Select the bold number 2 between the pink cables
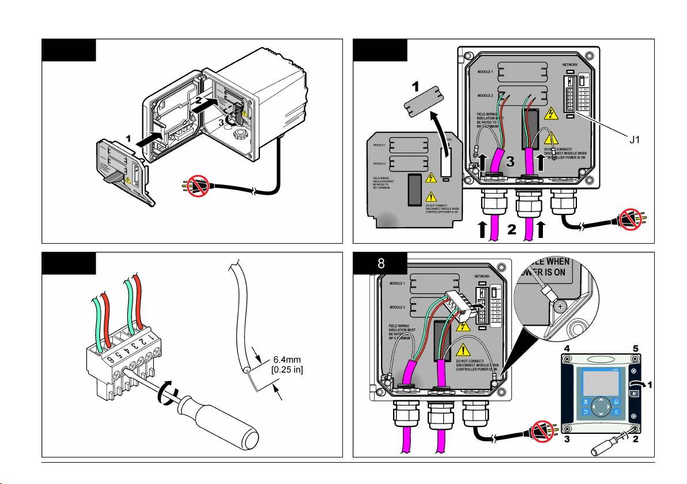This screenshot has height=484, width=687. (511, 231)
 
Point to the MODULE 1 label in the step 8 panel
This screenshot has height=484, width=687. (397, 283)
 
